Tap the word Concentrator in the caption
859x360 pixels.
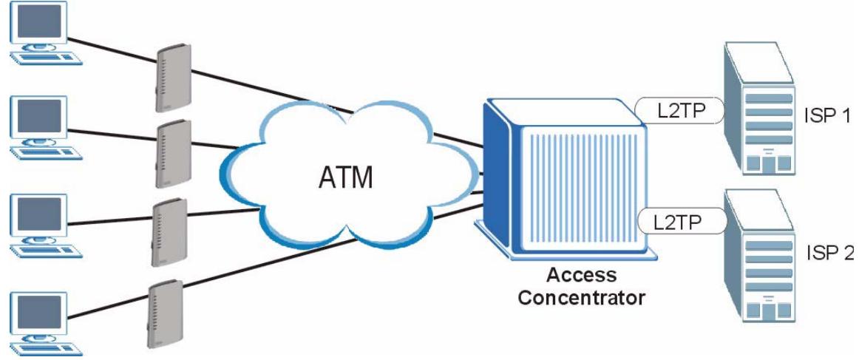[x=581, y=298]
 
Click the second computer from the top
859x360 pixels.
[x=47, y=128]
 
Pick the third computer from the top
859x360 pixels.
[x=47, y=225]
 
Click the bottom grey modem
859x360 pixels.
[x=166, y=314]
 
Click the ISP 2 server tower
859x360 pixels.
[x=759, y=255]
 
